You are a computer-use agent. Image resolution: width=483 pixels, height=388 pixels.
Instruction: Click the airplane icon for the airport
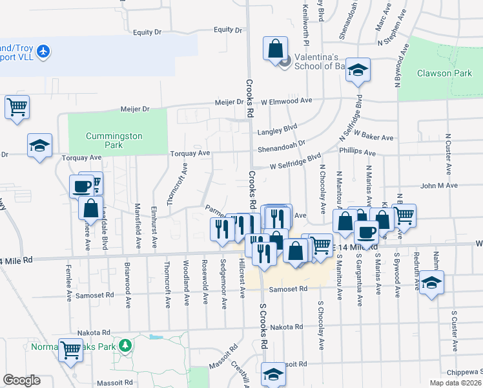click(x=43, y=50)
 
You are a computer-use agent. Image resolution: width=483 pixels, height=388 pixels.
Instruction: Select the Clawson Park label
click(x=444, y=73)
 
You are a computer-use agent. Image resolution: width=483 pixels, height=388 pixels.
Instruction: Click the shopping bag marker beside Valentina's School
click(x=275, y=48)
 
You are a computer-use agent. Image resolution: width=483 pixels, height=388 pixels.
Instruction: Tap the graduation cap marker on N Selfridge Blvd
click(x=357, y=70)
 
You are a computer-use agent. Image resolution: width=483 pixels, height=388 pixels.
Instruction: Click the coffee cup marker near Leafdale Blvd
click(x=82, y=186)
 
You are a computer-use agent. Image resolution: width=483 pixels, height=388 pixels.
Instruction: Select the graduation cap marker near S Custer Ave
click(x=431, y=283)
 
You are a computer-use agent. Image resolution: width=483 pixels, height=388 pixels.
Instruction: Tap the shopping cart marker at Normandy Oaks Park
click(x=71, y=349)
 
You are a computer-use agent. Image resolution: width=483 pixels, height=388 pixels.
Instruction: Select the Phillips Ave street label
click(x=357, y=153)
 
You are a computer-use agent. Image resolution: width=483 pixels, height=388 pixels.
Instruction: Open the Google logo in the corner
click(x=21, y=380)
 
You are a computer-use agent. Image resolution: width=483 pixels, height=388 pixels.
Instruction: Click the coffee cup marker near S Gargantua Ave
click(x=366, y=232)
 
